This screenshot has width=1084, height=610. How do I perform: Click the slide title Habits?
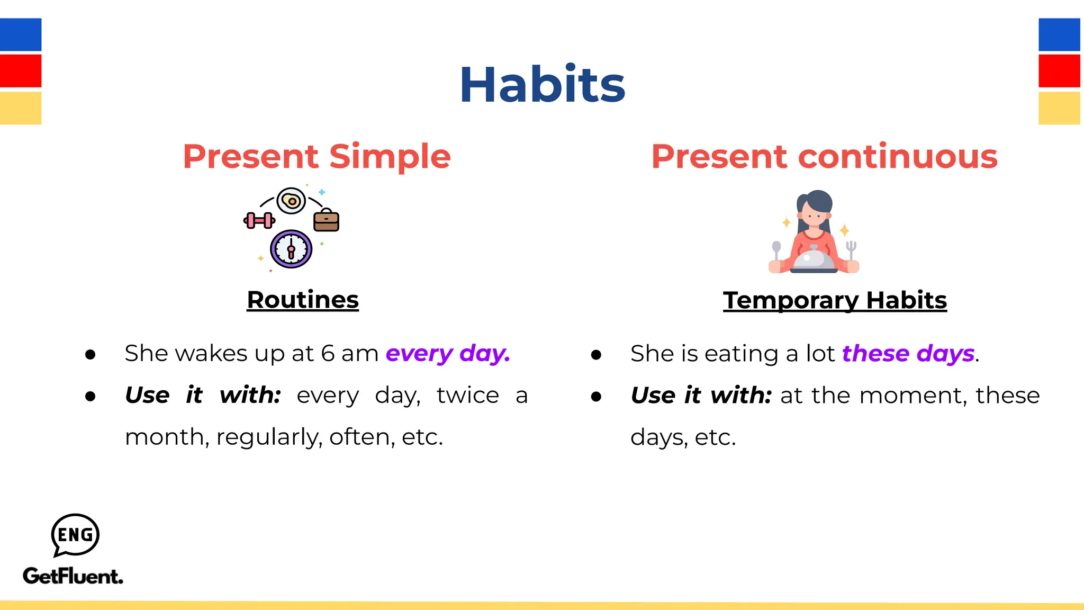(x=542, y=85)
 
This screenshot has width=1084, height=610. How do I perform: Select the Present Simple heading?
(x=317, y=157)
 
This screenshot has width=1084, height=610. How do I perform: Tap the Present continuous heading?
(x=824, y=157)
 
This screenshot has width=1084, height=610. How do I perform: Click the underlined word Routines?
(x=303, y=300)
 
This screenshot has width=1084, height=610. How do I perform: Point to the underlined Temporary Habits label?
(x=835, y=300)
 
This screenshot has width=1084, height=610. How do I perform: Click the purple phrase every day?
(x=448, y=353)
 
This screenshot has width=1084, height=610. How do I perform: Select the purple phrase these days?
(x=908, y=353)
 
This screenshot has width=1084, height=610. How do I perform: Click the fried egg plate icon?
(x=291, y=201)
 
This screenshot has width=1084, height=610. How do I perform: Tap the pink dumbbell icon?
(x=259, y=220)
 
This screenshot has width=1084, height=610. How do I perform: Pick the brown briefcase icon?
(x=326, y=220)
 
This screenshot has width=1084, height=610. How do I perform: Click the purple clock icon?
(x=291, y=249)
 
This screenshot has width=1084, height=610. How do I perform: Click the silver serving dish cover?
(x=814, y=259)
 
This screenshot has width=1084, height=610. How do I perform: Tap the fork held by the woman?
(x=851, y=249)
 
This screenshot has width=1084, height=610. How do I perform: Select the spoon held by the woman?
(x=776, y=249)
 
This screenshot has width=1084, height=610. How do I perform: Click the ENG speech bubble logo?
(x=75, y=535)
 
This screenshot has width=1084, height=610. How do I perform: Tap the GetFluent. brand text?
(x=73, y=576)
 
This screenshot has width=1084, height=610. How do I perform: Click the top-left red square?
(x=21, y=71)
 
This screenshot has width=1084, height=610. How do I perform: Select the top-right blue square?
(x=1059, y=34)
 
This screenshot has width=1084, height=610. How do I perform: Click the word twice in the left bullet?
(x=468, y=396)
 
